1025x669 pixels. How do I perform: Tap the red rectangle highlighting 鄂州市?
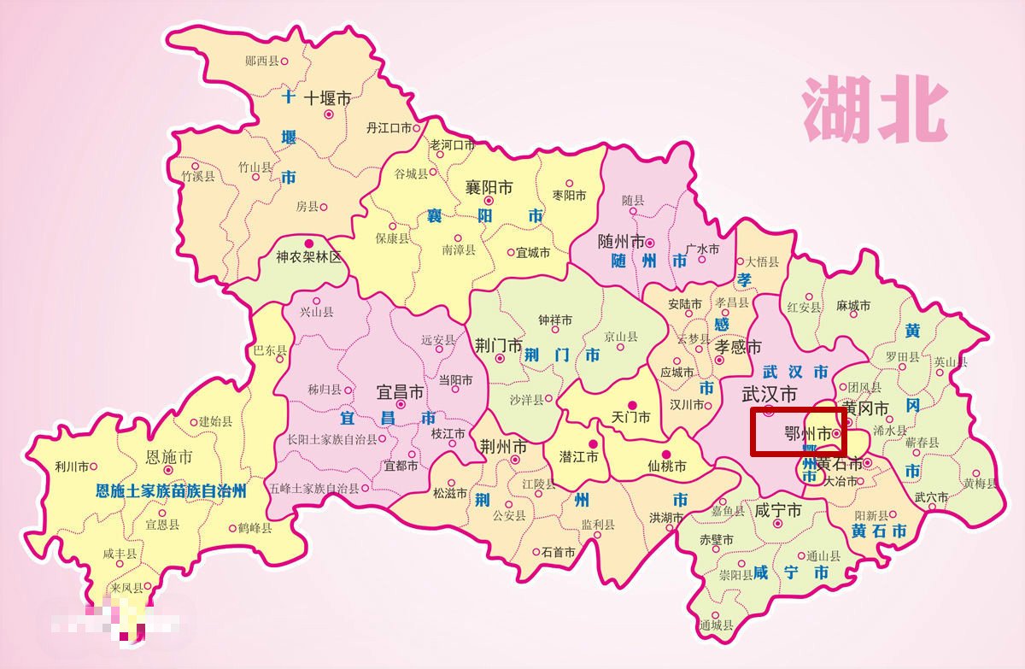[798, 432]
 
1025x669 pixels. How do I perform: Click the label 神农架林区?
[308, 256]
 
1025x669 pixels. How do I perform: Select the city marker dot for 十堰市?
[328, 114]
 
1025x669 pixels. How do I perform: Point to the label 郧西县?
[261, 61]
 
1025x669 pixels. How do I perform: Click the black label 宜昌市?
[400, 392]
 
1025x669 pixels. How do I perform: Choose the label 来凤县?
[127, 589]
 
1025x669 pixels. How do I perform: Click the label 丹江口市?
[389, 128]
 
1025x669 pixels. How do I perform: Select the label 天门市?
[631, 418]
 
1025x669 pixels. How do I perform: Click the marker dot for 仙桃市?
[668, 455]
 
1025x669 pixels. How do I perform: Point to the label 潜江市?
[578, 456]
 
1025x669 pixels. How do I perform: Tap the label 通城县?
[716, 625]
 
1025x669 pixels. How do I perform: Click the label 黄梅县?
[981, 484]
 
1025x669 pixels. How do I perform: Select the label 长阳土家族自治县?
[331, 439]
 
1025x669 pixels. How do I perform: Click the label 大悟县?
[763, 261]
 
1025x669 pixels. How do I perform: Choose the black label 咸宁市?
[777, 511]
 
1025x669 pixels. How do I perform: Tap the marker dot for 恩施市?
[168, 470]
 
